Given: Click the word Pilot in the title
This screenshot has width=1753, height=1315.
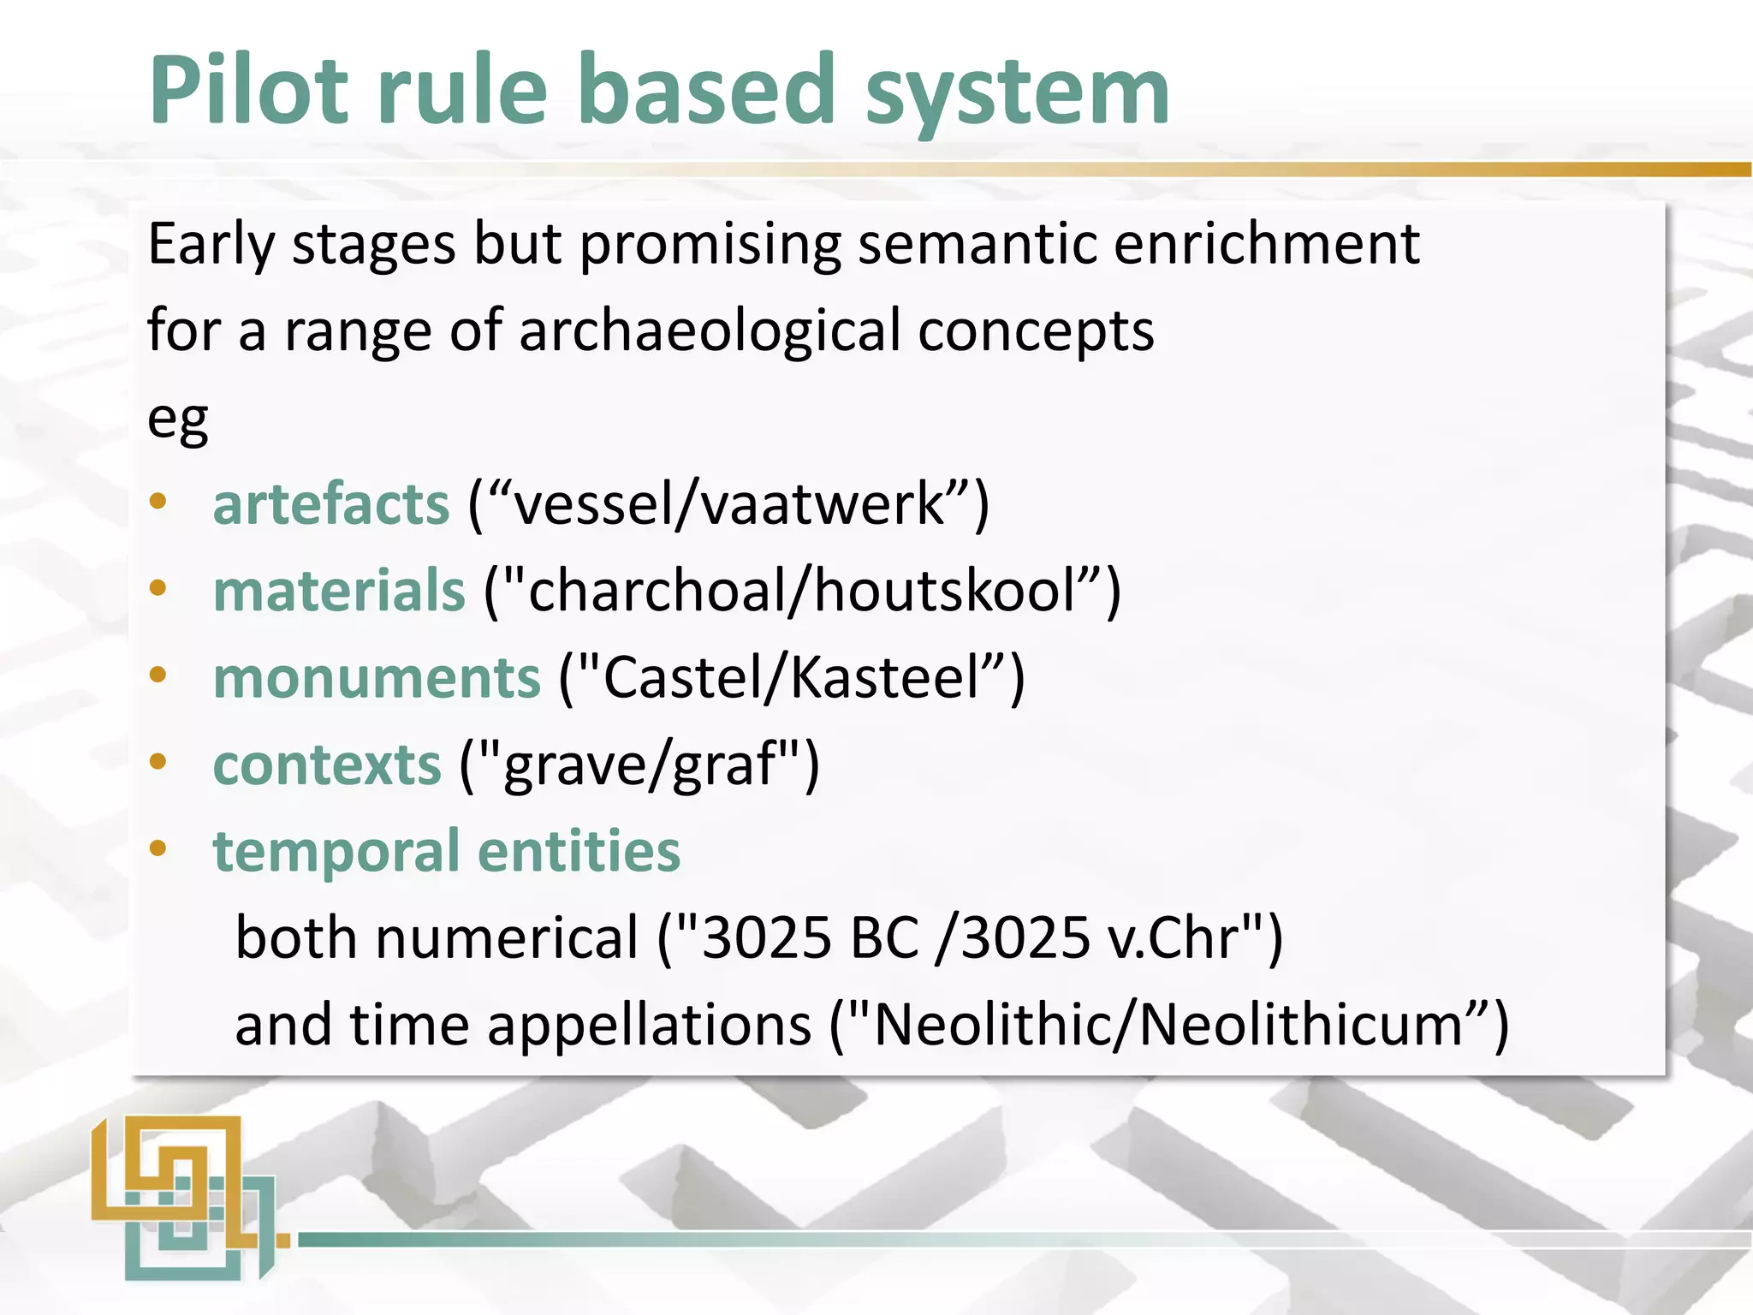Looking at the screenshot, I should pos(248,90).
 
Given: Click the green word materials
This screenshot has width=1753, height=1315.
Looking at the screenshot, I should pos(339,591).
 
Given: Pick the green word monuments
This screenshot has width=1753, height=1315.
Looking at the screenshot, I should pos(377,678).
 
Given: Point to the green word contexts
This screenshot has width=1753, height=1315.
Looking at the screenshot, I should pos(327,765).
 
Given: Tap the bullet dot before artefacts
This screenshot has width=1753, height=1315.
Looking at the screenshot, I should pos(157,503).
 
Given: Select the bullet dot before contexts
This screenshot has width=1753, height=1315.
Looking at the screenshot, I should pos(157,762).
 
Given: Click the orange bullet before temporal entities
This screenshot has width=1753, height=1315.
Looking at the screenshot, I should pos(157,849).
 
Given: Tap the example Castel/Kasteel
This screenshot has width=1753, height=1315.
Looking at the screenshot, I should pos(792,678).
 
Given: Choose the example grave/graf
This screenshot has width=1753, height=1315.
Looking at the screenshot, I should pos(639,765).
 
